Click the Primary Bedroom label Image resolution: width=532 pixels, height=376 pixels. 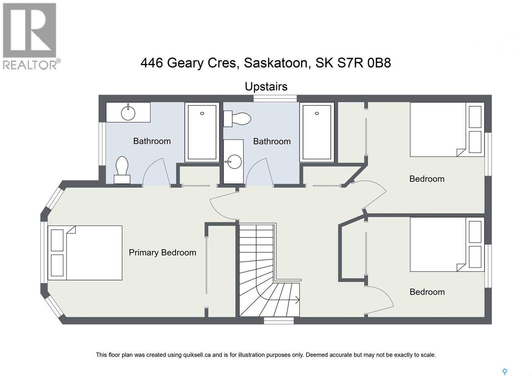(x=162, y=253)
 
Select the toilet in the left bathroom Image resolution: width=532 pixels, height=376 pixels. (x=122, y=169)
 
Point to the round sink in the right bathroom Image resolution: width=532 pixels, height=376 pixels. (x=235, y=162)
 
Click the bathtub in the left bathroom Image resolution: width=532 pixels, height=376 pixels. (x=202, y=132)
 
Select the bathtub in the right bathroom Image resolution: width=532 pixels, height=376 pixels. (x=317, y=132)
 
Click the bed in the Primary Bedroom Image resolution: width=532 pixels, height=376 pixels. (x=86, y=253)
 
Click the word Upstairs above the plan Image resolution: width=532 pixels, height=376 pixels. (x=266, y=87)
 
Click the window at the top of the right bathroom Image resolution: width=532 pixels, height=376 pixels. (x=275, y=98)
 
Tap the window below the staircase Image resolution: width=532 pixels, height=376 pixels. (x=279, y=320)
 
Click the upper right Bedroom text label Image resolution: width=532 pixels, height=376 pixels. (x=427, y=179)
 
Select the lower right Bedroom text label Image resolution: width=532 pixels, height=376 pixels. (x=427, y=292)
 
